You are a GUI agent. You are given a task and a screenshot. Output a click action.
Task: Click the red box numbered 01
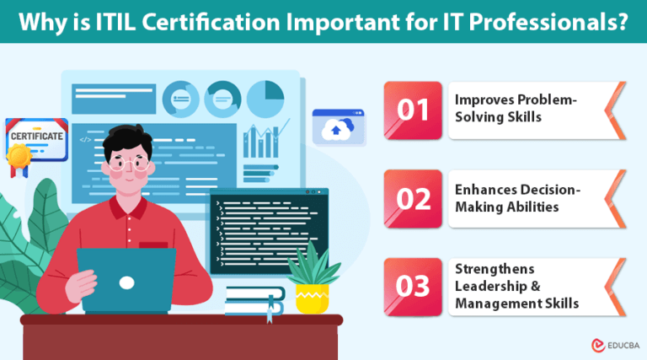click(x=413, y=110)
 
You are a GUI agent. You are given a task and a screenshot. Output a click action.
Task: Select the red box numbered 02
click(x=413, y=198)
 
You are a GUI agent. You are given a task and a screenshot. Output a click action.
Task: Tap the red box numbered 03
click(x=413, y=287)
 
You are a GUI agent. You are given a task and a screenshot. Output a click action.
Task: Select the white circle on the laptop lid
click(x=126, y=282)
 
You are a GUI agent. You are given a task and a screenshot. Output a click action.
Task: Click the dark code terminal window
click(x=268, y=228)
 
